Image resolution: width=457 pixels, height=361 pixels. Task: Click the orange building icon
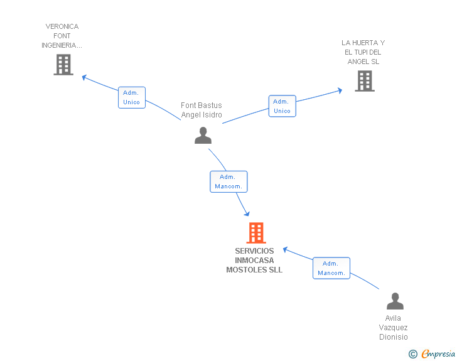pyautogui.click(x=256, y=233)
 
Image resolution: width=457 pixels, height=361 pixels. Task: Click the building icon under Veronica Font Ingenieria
pyautogui.click(x=63, y=65)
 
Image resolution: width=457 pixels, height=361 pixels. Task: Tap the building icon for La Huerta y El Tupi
pyautogui.click(x=365, y=81)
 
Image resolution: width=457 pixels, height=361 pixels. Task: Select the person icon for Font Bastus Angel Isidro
pyautogui.click(x=203, y=136)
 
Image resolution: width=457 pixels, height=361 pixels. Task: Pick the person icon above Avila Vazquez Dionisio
pyautogui.click(x=395, y=301)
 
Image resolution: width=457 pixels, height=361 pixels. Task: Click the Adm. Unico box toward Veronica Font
pyautogui.click(x=132, y=97)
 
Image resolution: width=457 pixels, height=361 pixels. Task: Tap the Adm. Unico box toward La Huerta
pyautogui.click(x=282, y=106)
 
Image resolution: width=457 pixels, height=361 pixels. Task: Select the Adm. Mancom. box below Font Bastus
pyautogui.click(x=228, y=181)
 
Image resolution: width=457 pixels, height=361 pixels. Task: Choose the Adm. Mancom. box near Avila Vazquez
pyautogui.click(x=331, y=268)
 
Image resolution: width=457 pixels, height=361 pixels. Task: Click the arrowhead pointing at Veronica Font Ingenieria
pyautogui.click(x=85, y=78)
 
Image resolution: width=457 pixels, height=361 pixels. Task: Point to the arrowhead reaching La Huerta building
pyautogui.click(x=340, y=90)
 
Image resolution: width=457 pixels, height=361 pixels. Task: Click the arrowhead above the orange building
pyautogui.click(x=247, y=213)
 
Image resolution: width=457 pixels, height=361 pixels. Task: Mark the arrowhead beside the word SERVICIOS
pyautogui.click(x=286, y=250)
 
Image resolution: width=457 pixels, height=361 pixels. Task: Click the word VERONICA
pyautogui.click(x=62, y=26)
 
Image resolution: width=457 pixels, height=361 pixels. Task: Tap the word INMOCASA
pyautogui.click(x=254, y=261)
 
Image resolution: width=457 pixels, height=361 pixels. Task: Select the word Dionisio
pyautogui.click(x=394, y=337)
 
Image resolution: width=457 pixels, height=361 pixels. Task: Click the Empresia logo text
pyautogui.click(x=438, y=353)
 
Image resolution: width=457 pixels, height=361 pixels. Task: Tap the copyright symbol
pyautogui.click(x=413, y=354)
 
